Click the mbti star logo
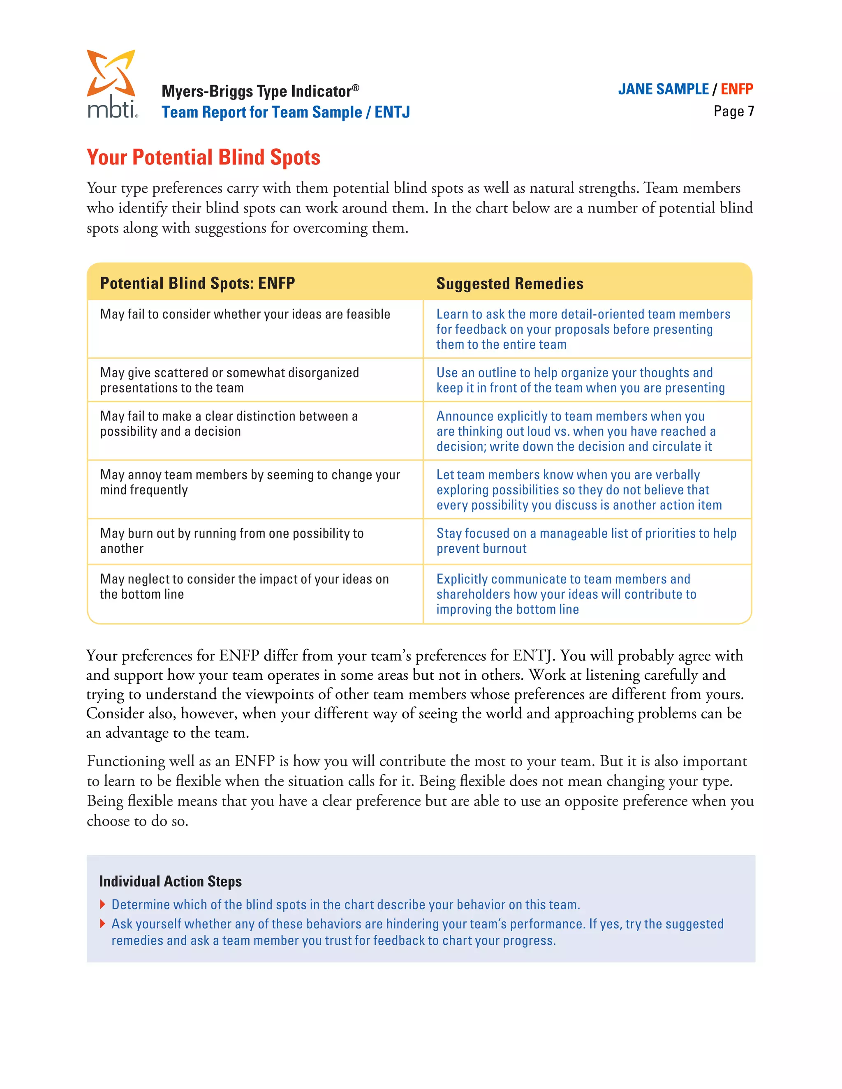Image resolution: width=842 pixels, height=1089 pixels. click(x=111, y=73)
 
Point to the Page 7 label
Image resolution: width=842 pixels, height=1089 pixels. click(x=733, y=111)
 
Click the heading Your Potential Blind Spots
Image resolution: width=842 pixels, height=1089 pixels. click(x=203, y=157)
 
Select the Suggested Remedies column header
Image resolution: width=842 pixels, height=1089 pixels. click(x=509, y=284)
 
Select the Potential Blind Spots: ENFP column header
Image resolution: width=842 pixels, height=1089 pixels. click(x=197, y=283)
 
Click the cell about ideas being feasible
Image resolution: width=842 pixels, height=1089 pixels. click(x=245, y=314)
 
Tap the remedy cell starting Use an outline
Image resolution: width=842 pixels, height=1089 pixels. click(x=580, y=380)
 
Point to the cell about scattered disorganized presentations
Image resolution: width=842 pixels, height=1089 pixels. click(x=229, y=380)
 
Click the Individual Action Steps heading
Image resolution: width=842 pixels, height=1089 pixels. click(x=170, y=881)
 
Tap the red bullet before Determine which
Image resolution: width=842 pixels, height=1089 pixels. click(x=102, y=904)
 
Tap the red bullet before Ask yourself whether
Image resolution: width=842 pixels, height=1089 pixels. click(x=102, y=924)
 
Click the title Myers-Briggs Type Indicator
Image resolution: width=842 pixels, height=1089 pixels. click(x=259, y=91)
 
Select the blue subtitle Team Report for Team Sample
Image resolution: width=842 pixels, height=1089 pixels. click(x=261, y=112)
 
